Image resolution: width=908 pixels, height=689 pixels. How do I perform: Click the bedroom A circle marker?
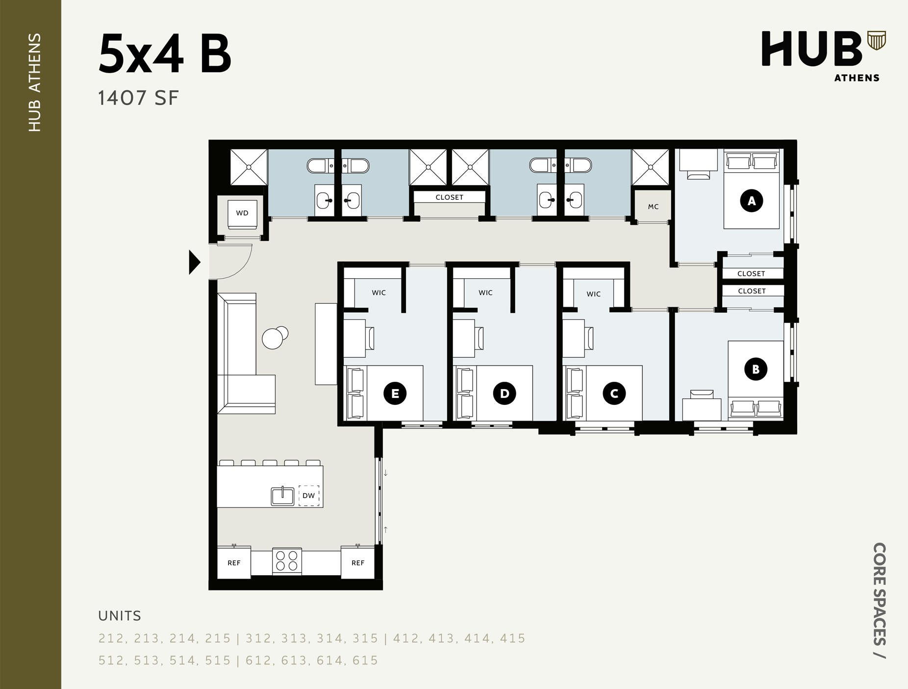coord(752,200)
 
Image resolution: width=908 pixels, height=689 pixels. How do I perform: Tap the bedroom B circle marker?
coord(756,369)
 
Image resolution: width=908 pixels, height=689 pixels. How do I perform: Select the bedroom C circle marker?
coord(614,393)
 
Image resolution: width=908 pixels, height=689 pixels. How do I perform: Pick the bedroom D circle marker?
coord(504,393)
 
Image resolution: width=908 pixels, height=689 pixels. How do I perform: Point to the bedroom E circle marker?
coord(395,393)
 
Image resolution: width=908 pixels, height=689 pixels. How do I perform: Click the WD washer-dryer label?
coord(242,213)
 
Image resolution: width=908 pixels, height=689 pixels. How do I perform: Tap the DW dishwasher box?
coord(309,496)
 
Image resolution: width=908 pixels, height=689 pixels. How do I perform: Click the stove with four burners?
coord(287,561)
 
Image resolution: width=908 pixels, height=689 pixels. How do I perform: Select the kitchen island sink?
coord(283,496)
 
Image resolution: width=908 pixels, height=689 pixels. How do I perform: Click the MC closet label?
coord(653,207)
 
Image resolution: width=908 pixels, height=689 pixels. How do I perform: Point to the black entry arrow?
coord(195,262)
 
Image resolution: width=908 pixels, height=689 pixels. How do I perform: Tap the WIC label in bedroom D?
coord(485,292)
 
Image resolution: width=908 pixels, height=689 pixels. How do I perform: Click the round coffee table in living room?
coord(273,338)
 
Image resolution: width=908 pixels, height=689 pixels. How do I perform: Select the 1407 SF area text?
coord(138,98)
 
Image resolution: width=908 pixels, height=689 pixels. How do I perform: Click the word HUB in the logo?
coord(811,49)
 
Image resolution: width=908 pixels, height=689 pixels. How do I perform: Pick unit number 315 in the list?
coord(365,638)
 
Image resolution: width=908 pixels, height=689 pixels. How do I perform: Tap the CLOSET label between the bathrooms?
coord(449,197)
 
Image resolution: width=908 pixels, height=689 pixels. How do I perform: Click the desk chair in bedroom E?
coord(370,338)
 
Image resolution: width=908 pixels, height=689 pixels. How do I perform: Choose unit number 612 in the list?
coord(259,660)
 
